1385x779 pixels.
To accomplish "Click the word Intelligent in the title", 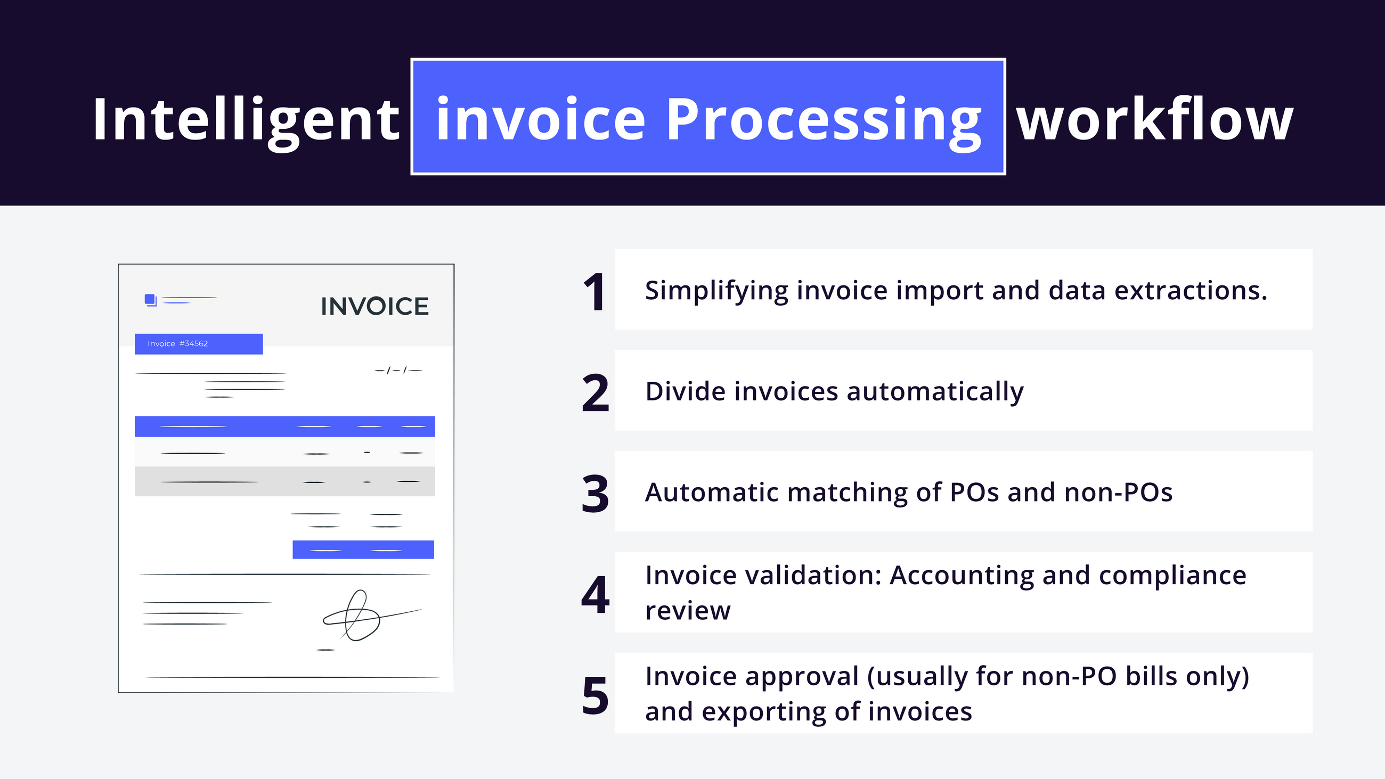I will (246, 119).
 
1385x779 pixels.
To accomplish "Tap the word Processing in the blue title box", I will (824, 119).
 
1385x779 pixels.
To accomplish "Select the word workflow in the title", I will (1154, 119).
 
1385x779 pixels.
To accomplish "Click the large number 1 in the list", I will (594, 292).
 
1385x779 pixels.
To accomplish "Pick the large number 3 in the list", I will (595, 494).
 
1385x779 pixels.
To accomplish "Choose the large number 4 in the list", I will (595, 595).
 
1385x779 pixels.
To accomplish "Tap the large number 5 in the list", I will (595, 696).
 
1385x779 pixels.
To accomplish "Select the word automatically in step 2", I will (935, 392).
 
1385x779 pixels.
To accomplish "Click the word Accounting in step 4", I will (962, 576).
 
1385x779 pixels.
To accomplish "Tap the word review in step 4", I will (688, 611).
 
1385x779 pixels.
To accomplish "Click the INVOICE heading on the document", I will (374, 307).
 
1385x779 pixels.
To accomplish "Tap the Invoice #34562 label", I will (198, 344).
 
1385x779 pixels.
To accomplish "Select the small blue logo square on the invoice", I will (150, 299).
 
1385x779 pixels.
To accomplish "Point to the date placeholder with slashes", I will (398, 371).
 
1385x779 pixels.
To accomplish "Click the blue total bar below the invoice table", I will (363, 550).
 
